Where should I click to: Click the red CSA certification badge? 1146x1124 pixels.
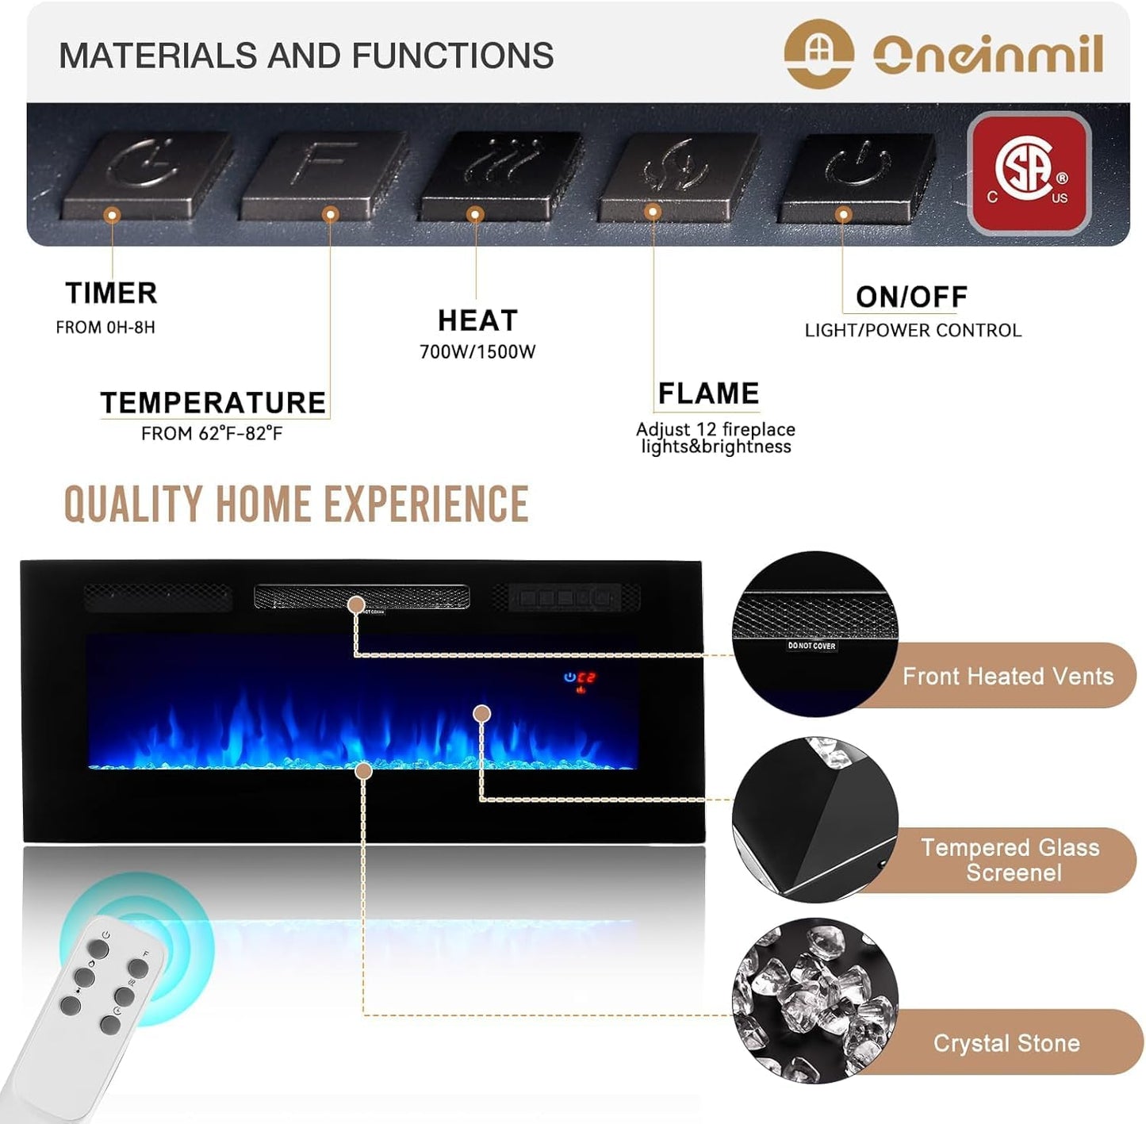1029,173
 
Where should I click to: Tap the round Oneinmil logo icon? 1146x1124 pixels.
818,53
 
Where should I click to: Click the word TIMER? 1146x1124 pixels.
111,293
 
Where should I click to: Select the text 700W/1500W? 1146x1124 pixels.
477,352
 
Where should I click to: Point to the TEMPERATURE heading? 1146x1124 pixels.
213,403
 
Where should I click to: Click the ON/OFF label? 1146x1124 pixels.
911,297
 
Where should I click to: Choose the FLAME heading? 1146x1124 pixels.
708,393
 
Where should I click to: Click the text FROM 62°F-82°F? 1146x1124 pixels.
211,434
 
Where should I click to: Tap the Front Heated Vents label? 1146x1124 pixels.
1007,676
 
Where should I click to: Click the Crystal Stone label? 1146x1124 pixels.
1006,1042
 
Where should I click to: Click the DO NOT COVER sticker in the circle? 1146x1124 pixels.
811,646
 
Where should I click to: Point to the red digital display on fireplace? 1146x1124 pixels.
585,677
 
